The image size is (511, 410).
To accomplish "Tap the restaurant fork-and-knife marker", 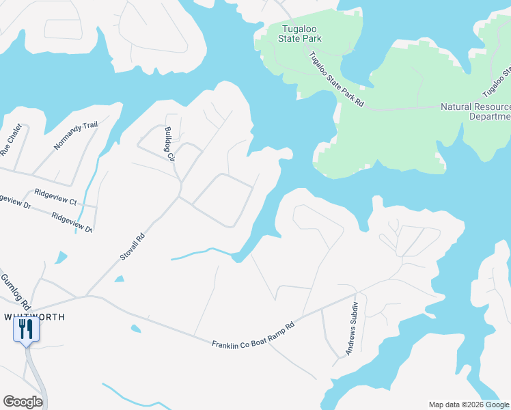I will point(27,329).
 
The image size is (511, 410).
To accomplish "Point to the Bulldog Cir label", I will point(169,143).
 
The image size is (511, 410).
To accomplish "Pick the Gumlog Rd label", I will point(14,290).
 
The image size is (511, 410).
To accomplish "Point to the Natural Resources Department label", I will point(475,111).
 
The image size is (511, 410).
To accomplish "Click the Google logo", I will point(23,402).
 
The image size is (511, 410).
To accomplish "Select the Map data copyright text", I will point(469,405).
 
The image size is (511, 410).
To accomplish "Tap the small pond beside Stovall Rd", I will point(120,279).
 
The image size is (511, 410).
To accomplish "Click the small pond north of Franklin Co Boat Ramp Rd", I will point(135,329).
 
